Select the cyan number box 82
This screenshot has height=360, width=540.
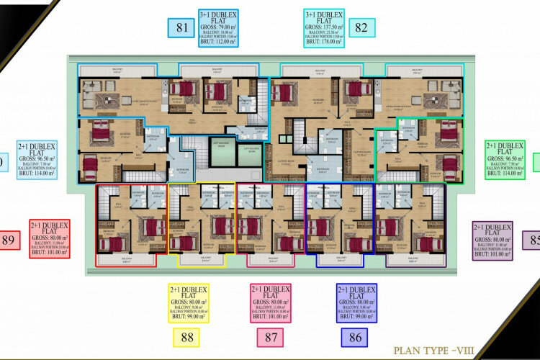coord(361,28)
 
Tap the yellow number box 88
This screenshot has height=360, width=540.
coord(186,337)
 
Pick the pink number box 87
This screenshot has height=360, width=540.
coord(270,337)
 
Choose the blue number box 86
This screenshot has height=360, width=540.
coord(354,337)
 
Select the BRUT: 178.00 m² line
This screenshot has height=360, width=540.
coord(325,42)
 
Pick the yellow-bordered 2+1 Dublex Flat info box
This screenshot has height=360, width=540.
coord(187,302)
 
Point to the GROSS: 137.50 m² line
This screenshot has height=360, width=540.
coord(325,27)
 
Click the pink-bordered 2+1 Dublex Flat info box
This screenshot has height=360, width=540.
coord(270,302)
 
